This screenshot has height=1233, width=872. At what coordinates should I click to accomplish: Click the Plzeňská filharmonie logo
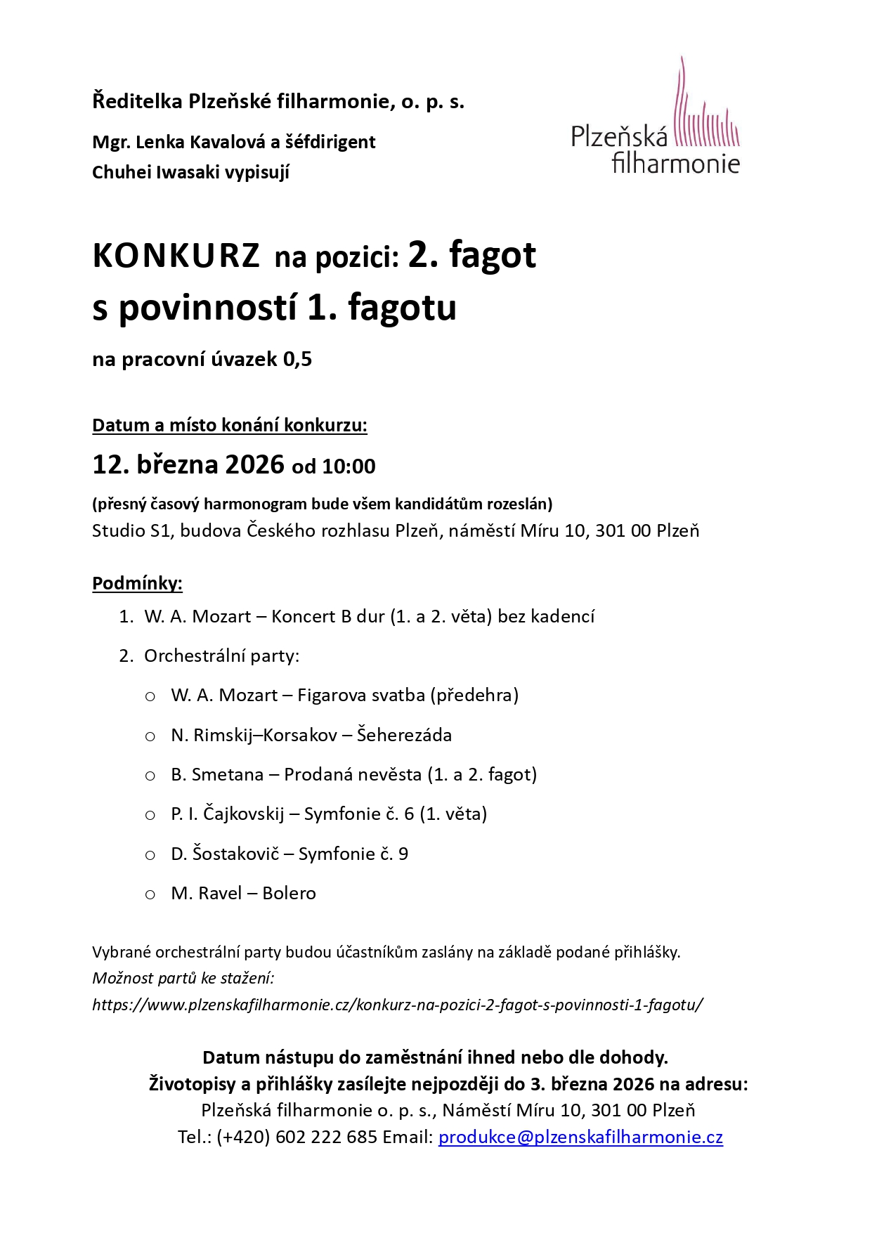(x=655, y=119)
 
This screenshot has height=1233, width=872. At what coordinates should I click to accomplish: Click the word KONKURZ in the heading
(x=176, y=256)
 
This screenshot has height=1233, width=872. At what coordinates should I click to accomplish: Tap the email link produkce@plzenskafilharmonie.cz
(x=580, y=1137)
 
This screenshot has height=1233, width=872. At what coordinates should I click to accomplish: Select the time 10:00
(x=349, y=467)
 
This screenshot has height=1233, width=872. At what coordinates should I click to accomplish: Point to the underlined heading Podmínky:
(x=137, y=583)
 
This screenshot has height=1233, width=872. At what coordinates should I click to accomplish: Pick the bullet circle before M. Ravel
(x=150, y=894)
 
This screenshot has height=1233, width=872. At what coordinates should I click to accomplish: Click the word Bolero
(x=289, y=893)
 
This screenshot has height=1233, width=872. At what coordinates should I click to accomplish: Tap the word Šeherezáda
(x=404, y=735)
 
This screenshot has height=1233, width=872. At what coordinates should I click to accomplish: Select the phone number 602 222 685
(x=327, y=1137)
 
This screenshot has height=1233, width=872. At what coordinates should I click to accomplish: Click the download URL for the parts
(x=398, y=1005)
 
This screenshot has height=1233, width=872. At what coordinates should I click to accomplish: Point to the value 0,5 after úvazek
(x=297, y=360)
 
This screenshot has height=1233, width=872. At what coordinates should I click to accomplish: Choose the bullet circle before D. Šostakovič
(x=150, y=855)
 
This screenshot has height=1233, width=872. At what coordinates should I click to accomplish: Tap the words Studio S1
(x=131, y=530)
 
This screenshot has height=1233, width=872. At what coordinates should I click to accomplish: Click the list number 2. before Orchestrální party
(x=126, y=656)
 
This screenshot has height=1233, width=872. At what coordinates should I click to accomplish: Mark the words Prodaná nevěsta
(x=352, y=774)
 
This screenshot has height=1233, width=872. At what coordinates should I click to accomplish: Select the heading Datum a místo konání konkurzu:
(x=230, y=425)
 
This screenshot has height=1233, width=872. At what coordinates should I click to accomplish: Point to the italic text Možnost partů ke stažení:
(x=183, y=978)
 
